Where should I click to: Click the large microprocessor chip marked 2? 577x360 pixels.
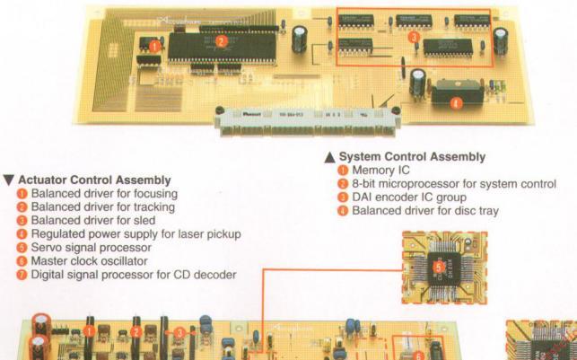221,40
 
